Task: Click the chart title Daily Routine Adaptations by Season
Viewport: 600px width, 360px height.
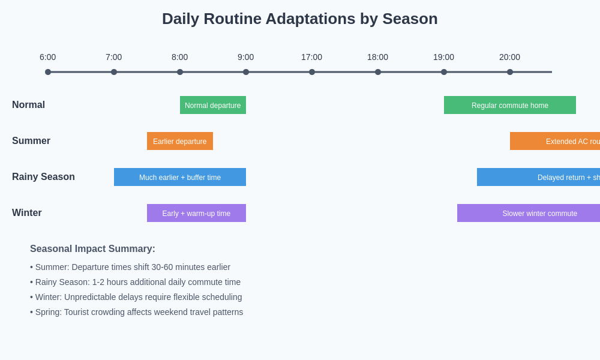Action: [299, 19]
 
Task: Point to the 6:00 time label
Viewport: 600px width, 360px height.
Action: [48, 57]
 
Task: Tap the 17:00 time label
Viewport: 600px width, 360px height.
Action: [311, 57]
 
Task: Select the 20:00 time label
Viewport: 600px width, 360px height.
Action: [509, 57]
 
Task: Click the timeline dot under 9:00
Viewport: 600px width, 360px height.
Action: [246, 72]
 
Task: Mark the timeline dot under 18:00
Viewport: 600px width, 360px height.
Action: [378, 72]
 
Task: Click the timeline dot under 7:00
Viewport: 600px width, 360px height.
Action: [114, 72]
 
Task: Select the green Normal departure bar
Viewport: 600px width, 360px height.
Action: [213, 105]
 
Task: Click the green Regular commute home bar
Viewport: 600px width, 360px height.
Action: [510, 105]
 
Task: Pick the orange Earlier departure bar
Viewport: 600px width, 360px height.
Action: [180, 141]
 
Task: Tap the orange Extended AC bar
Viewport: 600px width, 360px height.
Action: [555, 141]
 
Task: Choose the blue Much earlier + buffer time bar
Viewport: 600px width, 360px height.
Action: [180, 177]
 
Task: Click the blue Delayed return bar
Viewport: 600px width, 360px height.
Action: [539, 177]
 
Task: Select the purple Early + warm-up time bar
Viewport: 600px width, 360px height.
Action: [196, 213]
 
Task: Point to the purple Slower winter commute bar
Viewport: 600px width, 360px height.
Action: [529, 213]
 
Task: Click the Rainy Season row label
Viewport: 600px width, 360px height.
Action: [43, 177]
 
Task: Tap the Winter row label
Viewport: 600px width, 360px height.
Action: [27, 213]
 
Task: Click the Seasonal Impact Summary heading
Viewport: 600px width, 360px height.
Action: [92, 249]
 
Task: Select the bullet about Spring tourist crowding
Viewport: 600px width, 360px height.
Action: [137, 312]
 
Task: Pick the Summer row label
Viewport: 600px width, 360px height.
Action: [31, 141]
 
